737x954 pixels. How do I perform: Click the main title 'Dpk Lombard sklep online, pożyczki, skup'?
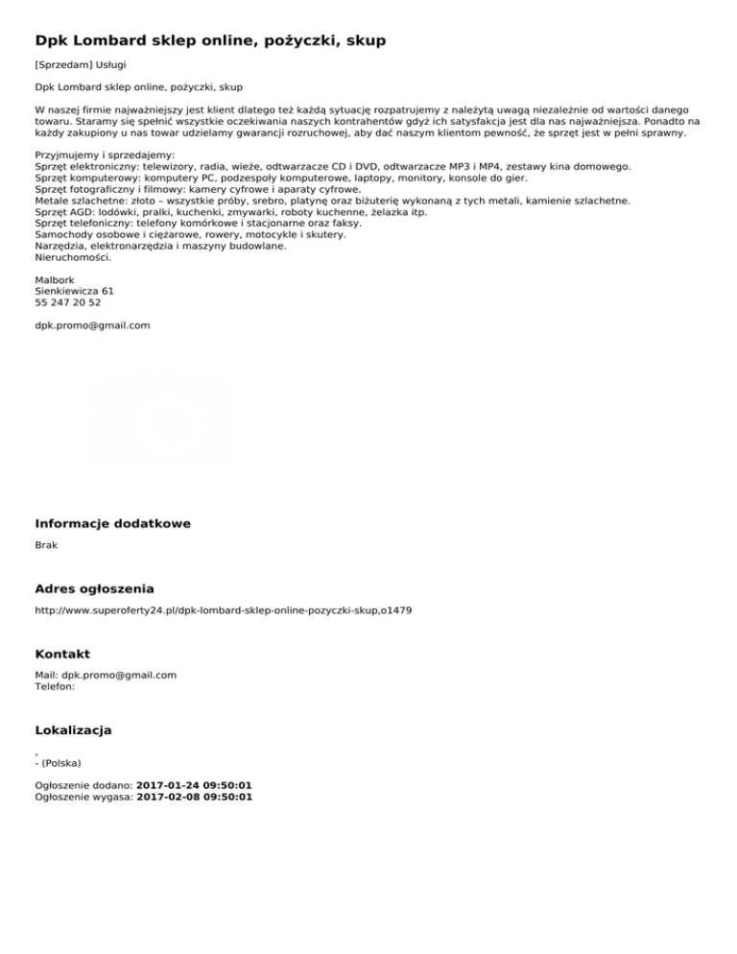click(210, 40)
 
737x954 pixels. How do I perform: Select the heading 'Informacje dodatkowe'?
click(112, 523)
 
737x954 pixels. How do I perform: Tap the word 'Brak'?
click(46, 545)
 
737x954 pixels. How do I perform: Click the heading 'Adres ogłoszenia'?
click(94, 588)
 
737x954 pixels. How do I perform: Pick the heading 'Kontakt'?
click(62, 654)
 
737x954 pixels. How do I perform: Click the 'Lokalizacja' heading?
click(73, 730)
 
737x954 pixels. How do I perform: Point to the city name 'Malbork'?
click(54, 280)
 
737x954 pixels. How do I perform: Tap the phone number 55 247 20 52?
click(67, 303)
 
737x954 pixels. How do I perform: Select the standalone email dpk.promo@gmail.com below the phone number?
click(92, 325)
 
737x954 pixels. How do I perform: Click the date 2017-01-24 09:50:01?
click(194, 785)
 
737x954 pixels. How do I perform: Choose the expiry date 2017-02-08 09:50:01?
click(194, 797)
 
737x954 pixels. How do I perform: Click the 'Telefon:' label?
click(55, 686)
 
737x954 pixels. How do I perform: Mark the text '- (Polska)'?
click(58, 763)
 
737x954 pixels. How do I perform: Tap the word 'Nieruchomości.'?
click(73, 257)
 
